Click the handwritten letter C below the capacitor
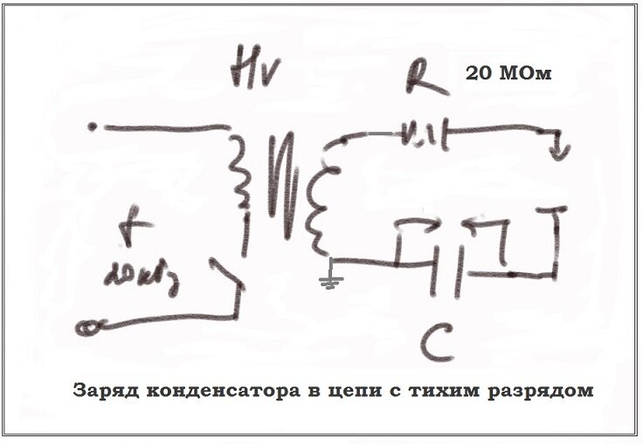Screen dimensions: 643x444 pos(434,342)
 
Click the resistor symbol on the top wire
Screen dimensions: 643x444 pos(423,134)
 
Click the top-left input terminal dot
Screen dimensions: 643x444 pos(93,127)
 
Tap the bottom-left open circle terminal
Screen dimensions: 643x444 pos(86,328)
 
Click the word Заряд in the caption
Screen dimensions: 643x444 pos(102,390)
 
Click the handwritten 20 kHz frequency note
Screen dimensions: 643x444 pos(132,276)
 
